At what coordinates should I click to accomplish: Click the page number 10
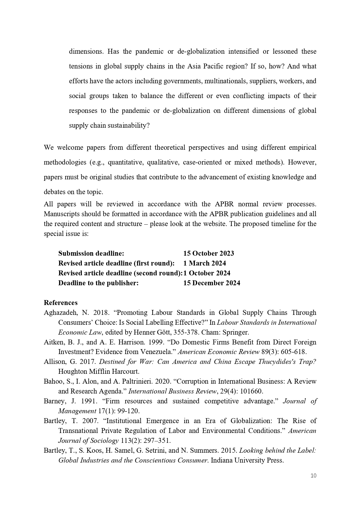pos(313,475)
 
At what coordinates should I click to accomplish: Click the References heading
pos(61,303)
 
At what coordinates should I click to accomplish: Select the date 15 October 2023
pos(208,253)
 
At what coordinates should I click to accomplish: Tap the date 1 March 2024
pos(204,263)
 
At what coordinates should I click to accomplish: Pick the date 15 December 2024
pos(211,283)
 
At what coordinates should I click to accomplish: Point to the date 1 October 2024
pos(207,273)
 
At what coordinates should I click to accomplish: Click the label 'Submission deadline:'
pos(91,253)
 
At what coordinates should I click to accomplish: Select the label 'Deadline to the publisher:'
pos(98,283)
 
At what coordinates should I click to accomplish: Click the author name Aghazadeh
pos(59,313)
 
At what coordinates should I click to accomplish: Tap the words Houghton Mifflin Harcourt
pos(99,371)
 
